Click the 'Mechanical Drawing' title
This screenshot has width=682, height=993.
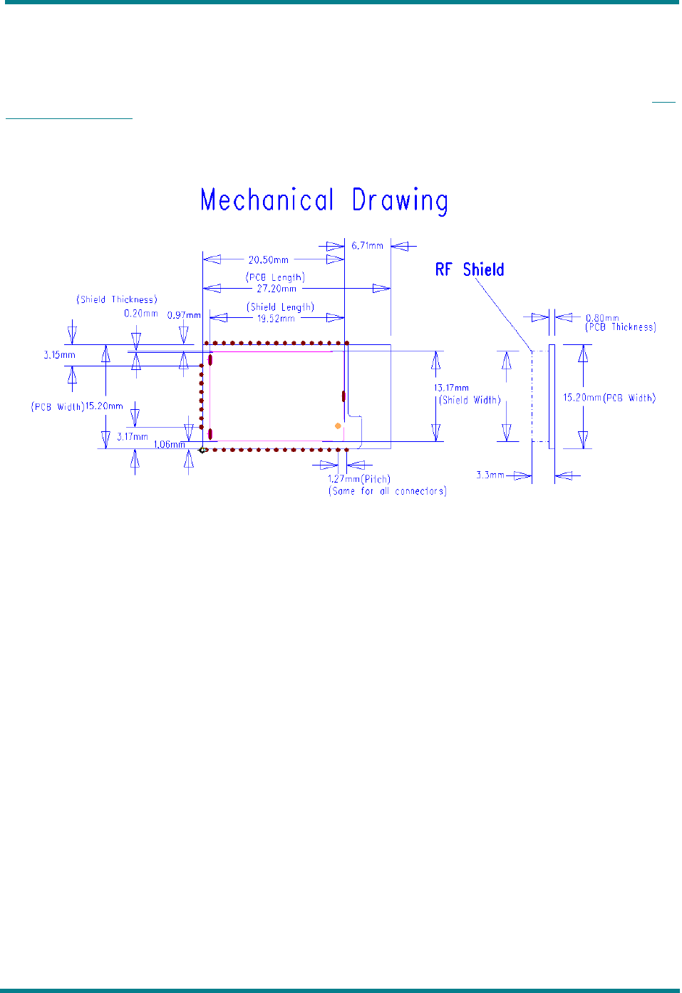point(324,200)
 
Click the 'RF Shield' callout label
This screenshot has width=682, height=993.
point(470,269)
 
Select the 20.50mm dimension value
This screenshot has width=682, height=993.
point(268,260)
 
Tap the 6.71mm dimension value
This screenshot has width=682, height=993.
point(367,246)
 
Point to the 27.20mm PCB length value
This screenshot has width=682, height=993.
point(277,289)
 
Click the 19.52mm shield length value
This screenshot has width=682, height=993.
point(276,319)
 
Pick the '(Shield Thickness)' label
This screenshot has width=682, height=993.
point(117,299)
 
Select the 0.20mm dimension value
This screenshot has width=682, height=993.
point(141,314)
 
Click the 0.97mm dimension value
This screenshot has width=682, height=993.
point(184,315)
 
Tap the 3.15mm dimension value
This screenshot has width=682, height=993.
point(59,355)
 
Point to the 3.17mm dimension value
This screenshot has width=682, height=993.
point(133,436)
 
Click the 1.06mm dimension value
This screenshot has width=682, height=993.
point(170,445)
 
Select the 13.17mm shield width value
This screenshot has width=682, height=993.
point(452,389)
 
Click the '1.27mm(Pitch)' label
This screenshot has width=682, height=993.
point(359,479)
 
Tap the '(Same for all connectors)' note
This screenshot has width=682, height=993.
point(387,491)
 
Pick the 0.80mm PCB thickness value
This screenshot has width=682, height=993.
point(602,318)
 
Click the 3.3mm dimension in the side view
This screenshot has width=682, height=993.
point(490,475)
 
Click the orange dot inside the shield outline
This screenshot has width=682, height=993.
point(338,426)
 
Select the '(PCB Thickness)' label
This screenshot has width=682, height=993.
point(621,327)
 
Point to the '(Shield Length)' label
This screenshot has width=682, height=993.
point(281,307)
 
